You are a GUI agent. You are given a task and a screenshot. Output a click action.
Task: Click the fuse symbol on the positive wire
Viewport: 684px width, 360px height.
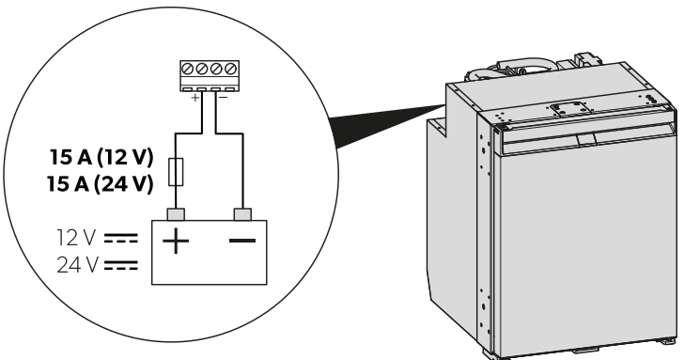click(x=176, y=172)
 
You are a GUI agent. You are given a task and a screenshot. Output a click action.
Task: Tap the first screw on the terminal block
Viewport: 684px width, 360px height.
click(x=188, y=69)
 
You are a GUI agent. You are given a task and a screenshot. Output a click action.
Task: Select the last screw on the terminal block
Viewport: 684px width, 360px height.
click(x=231, y=69)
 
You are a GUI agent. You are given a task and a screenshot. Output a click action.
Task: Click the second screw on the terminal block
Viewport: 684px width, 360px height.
click(x=201, y=69)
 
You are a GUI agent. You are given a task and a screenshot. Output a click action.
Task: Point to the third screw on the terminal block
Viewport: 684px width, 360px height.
click(x=216, y=69)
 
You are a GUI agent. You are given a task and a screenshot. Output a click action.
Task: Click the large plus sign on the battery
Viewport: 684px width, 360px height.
click(x=176, y=241)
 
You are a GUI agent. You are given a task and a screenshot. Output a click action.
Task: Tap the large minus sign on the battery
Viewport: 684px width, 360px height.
click(x=242, y=240)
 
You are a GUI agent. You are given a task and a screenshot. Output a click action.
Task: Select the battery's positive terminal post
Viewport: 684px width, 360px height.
click(x=176, y=214)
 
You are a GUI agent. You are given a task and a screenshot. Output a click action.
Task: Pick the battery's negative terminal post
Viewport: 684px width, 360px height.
click(x=242, y=214)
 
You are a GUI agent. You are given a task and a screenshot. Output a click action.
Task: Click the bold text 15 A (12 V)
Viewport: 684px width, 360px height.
click(x=101, y=157)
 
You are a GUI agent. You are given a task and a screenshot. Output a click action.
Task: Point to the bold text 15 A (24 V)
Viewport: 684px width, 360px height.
click(x=101, y=184)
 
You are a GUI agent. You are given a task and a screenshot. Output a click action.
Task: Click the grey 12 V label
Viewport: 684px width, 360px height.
click(x=76, y=238)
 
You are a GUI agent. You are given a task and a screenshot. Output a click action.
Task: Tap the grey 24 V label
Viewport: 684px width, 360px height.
click(x=77, y=265)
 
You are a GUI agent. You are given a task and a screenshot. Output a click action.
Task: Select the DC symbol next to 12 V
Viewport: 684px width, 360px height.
click(x=121, y=238)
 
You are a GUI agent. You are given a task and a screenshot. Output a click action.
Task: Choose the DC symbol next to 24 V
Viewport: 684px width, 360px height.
click(x=121, y=265)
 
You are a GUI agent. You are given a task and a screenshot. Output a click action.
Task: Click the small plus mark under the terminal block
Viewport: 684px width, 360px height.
click(x=195, y=98)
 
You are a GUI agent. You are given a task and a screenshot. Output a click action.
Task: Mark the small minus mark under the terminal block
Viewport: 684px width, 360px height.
click(x=223, y=97)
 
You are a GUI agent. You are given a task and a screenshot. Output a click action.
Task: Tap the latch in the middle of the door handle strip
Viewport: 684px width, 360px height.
click(x=586, y=140)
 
